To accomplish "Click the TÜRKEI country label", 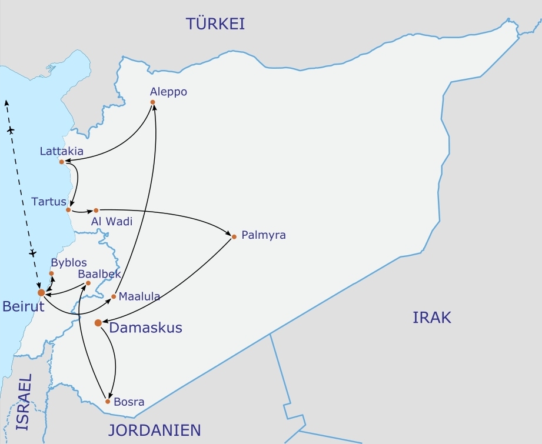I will (215, 24).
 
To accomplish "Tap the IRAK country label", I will (431, 318).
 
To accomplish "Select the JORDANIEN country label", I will (155, 430).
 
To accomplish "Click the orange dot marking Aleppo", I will (153, 102).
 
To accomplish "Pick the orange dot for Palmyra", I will (234, 237).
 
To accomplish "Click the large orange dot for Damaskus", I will (98, 323).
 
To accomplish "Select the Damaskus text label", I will (145, 328).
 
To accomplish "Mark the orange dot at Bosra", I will (108, 402).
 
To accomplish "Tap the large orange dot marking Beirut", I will (41, 292).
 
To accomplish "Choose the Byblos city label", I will (69, 262).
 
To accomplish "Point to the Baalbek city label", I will (99, 274).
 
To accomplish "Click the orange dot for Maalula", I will (114, 296).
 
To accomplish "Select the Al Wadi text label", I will (111, 222).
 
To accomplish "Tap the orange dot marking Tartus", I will (69, 210).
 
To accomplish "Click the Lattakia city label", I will (61, 151).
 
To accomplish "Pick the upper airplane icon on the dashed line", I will (11, 129).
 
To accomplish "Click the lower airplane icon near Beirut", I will (33, 253).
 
